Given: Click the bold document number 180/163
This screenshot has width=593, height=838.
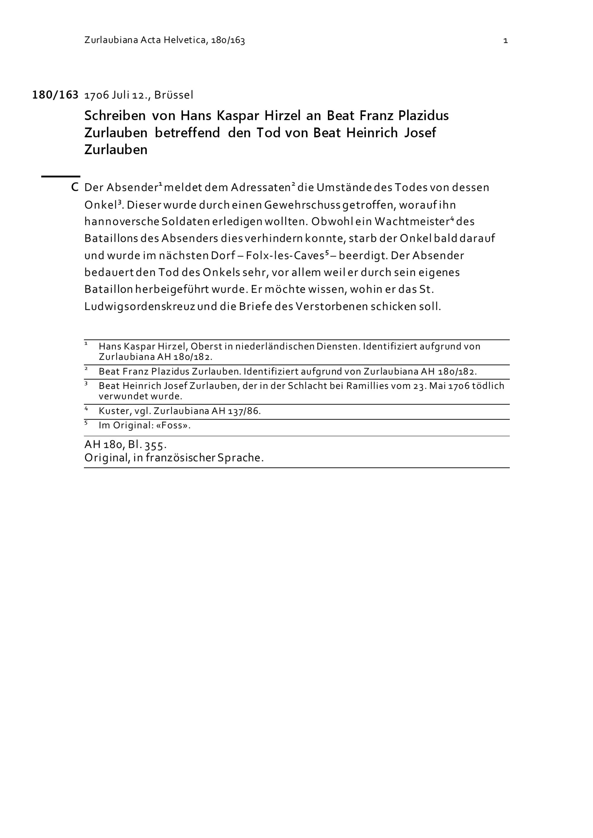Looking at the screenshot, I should [x=55, y=95].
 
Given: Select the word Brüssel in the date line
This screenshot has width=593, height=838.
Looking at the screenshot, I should [x=173, y=95].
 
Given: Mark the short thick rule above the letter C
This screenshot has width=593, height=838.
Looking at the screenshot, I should [x=60, y=176].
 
